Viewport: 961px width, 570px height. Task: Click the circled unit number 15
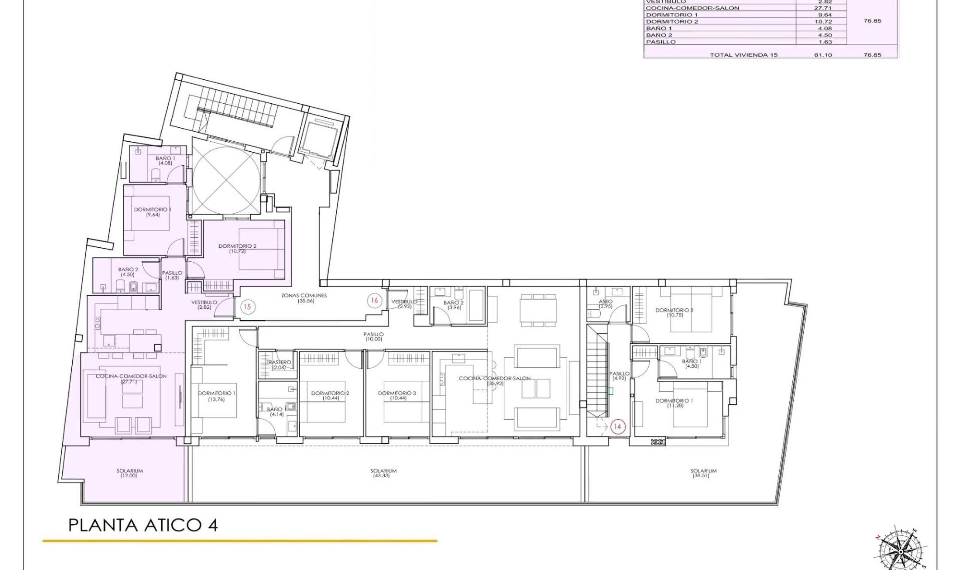247,306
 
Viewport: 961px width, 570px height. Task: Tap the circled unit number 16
374,300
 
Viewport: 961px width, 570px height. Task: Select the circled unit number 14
617,426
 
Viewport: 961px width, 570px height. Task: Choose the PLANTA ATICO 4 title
143,525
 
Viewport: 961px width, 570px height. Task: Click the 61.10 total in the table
823,55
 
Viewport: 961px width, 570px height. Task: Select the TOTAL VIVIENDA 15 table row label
743,55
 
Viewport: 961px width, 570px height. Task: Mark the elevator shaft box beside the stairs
319,138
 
